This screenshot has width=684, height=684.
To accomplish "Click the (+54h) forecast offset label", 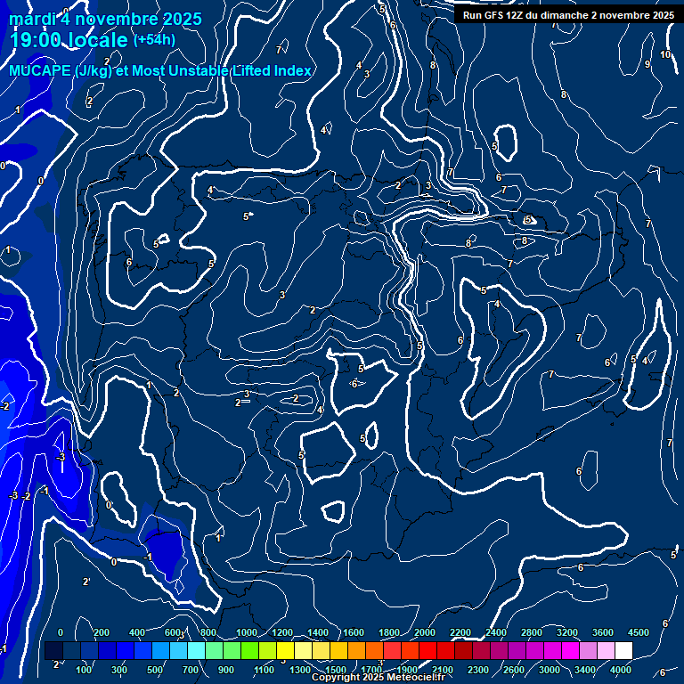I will point(154,40).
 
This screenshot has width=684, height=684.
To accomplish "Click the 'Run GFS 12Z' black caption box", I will point(567,15).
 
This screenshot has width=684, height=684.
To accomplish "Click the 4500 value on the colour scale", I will point(639,632).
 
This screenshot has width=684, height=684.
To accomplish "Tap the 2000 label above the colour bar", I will point(425,632).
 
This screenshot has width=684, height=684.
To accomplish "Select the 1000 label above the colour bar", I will point(247,632).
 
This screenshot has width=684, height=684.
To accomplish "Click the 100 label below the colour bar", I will point(85,670).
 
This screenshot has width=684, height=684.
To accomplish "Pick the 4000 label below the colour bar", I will point(621,670).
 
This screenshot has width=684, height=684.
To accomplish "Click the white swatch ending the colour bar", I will point(623,651).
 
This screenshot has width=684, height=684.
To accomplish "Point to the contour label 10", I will point(665,55).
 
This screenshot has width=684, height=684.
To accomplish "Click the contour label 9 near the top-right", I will point(647,64).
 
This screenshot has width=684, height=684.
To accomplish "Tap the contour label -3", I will point(61,457).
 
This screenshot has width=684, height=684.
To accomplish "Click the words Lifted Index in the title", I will point(267,71).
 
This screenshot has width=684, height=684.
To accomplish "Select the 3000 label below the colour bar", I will point(550,670).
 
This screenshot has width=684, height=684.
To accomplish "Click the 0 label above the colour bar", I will point(61,632).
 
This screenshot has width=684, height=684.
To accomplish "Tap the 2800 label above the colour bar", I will point(532,632).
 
